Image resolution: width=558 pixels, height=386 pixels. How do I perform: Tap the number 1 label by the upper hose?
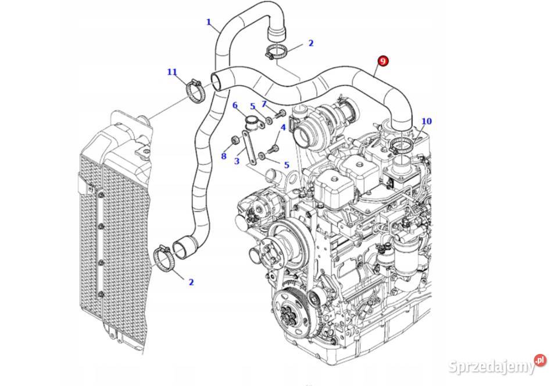[x=209, y=23]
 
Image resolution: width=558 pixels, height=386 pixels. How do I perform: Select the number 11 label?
[x=172, y=72]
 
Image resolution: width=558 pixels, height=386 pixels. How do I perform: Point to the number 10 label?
[x=427, y=122]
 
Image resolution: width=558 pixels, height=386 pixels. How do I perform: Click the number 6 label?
[x=235, y=105]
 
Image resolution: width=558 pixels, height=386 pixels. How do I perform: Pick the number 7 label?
[x=263, y=104]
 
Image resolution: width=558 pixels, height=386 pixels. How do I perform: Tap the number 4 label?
[x=283, y=128]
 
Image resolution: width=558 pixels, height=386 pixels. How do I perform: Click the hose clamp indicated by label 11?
[x=195, y=91]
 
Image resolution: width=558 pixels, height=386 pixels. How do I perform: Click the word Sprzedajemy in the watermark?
[x=491, y=367]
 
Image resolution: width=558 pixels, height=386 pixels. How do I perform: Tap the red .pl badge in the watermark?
[x=540, y=360]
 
